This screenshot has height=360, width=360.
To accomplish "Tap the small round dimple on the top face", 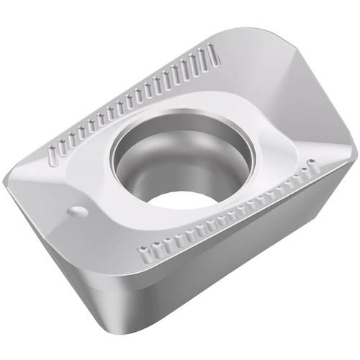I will click(78, 210).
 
